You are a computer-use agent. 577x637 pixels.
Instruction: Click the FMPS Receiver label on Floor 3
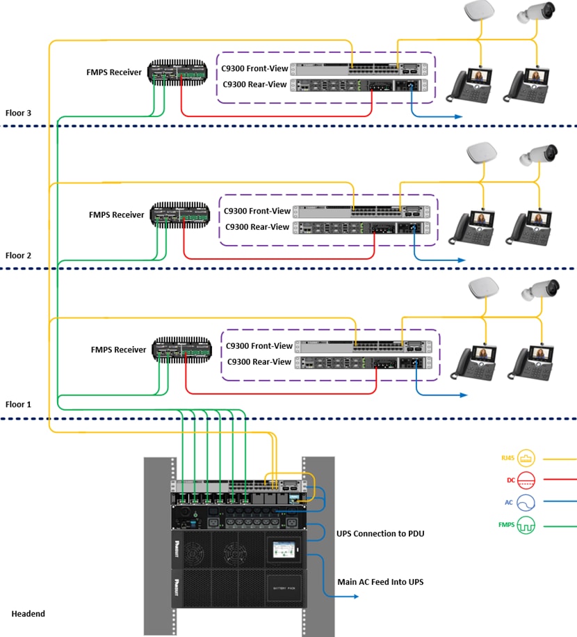coord(114,72)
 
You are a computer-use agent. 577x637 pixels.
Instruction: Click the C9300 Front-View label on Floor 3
coord(254,69)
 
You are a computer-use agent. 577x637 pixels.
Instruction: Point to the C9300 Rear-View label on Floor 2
coord(257,226)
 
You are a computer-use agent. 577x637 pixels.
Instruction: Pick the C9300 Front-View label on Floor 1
coord(259,345)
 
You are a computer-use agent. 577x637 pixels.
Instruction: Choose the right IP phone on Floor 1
coord(533,362)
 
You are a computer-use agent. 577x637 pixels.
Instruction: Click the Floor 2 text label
coord(18,255)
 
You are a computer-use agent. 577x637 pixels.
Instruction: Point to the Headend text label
coord(28,613)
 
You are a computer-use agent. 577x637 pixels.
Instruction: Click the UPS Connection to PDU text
coord(381,533)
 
